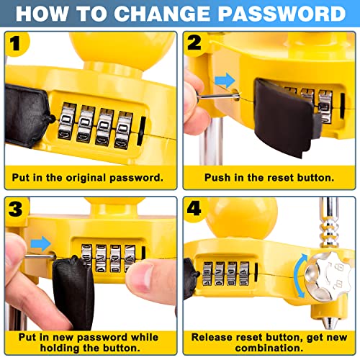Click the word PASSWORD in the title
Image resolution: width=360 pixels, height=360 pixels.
coord(282,14)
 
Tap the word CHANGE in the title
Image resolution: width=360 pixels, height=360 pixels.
coord(162,14)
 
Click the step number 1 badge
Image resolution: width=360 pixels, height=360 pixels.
coord(17,44)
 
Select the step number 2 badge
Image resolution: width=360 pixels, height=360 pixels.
coord(194,43)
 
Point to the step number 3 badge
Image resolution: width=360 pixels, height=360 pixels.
coord(16,209)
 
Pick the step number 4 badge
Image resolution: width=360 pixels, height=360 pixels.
coord(194,208)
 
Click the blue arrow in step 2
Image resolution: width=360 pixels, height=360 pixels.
coord(225,80)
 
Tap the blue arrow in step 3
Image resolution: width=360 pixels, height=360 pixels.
coord(41,243)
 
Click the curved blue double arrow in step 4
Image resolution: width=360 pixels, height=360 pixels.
coord(300,276)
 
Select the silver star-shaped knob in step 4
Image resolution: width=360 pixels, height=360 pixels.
coord(328,276)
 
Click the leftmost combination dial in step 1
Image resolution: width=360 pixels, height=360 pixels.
coord(67,121)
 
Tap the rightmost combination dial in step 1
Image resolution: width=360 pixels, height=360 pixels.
coord(124,130)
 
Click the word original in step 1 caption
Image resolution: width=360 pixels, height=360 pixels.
coord(86,178)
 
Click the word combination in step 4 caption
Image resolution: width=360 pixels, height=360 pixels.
coord(269,348)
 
